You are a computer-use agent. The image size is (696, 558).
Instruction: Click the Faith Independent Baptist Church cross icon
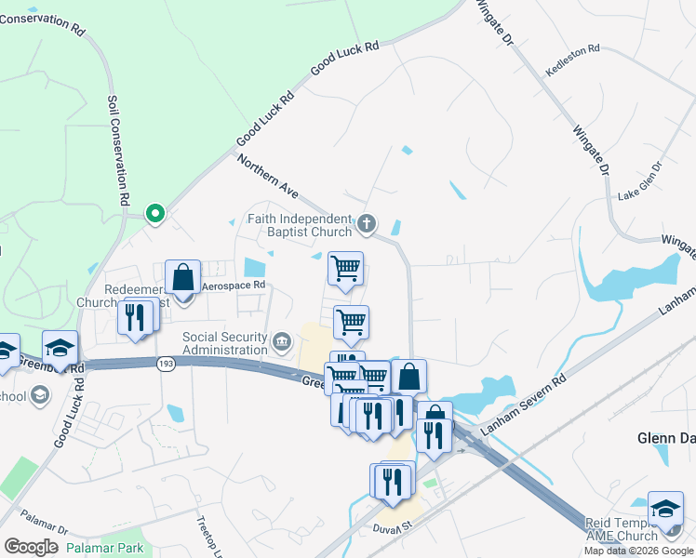click(x=368, y=223)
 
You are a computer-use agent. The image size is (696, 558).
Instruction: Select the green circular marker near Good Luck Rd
click(x=156, y=216)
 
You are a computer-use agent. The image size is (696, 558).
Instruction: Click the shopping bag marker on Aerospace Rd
click(x=183, y=277)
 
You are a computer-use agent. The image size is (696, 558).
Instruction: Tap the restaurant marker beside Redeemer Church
click(x=136, y=318)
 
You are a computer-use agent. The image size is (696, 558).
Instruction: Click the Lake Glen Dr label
click(x=639, y=181)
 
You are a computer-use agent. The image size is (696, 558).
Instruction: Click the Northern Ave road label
click(x=267, y=176)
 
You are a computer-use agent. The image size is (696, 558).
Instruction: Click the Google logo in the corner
click(x=31, y=547)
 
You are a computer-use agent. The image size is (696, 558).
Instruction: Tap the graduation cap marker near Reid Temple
click(x=665, y=509)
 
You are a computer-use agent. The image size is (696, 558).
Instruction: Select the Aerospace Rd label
click(x=234, y=286)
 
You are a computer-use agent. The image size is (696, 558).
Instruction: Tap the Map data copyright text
click(x=637, y=551)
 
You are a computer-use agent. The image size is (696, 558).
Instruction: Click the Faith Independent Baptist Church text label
click(x=299, y=225)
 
